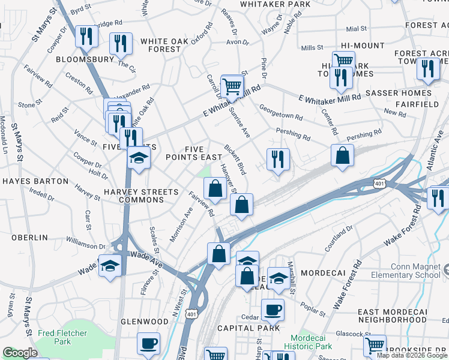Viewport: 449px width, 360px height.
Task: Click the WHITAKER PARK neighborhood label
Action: coord(275,4)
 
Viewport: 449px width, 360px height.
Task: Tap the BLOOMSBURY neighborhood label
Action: coord(85,60)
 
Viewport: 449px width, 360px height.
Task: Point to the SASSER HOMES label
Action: coord(399,93)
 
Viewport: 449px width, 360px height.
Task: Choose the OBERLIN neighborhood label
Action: coord(29,238)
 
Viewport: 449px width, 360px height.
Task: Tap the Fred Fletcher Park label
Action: coord(62,337)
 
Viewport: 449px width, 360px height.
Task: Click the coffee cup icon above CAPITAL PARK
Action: coord(272,310)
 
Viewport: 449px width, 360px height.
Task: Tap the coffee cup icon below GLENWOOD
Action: coord(148,344)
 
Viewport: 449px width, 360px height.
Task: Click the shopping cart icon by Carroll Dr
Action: coord(232,85)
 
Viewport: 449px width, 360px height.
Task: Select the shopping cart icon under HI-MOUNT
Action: coord(343,60)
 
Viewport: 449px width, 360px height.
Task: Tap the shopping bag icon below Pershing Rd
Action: coord(342,155)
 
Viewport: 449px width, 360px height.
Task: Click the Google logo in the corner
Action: coord(20,353)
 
